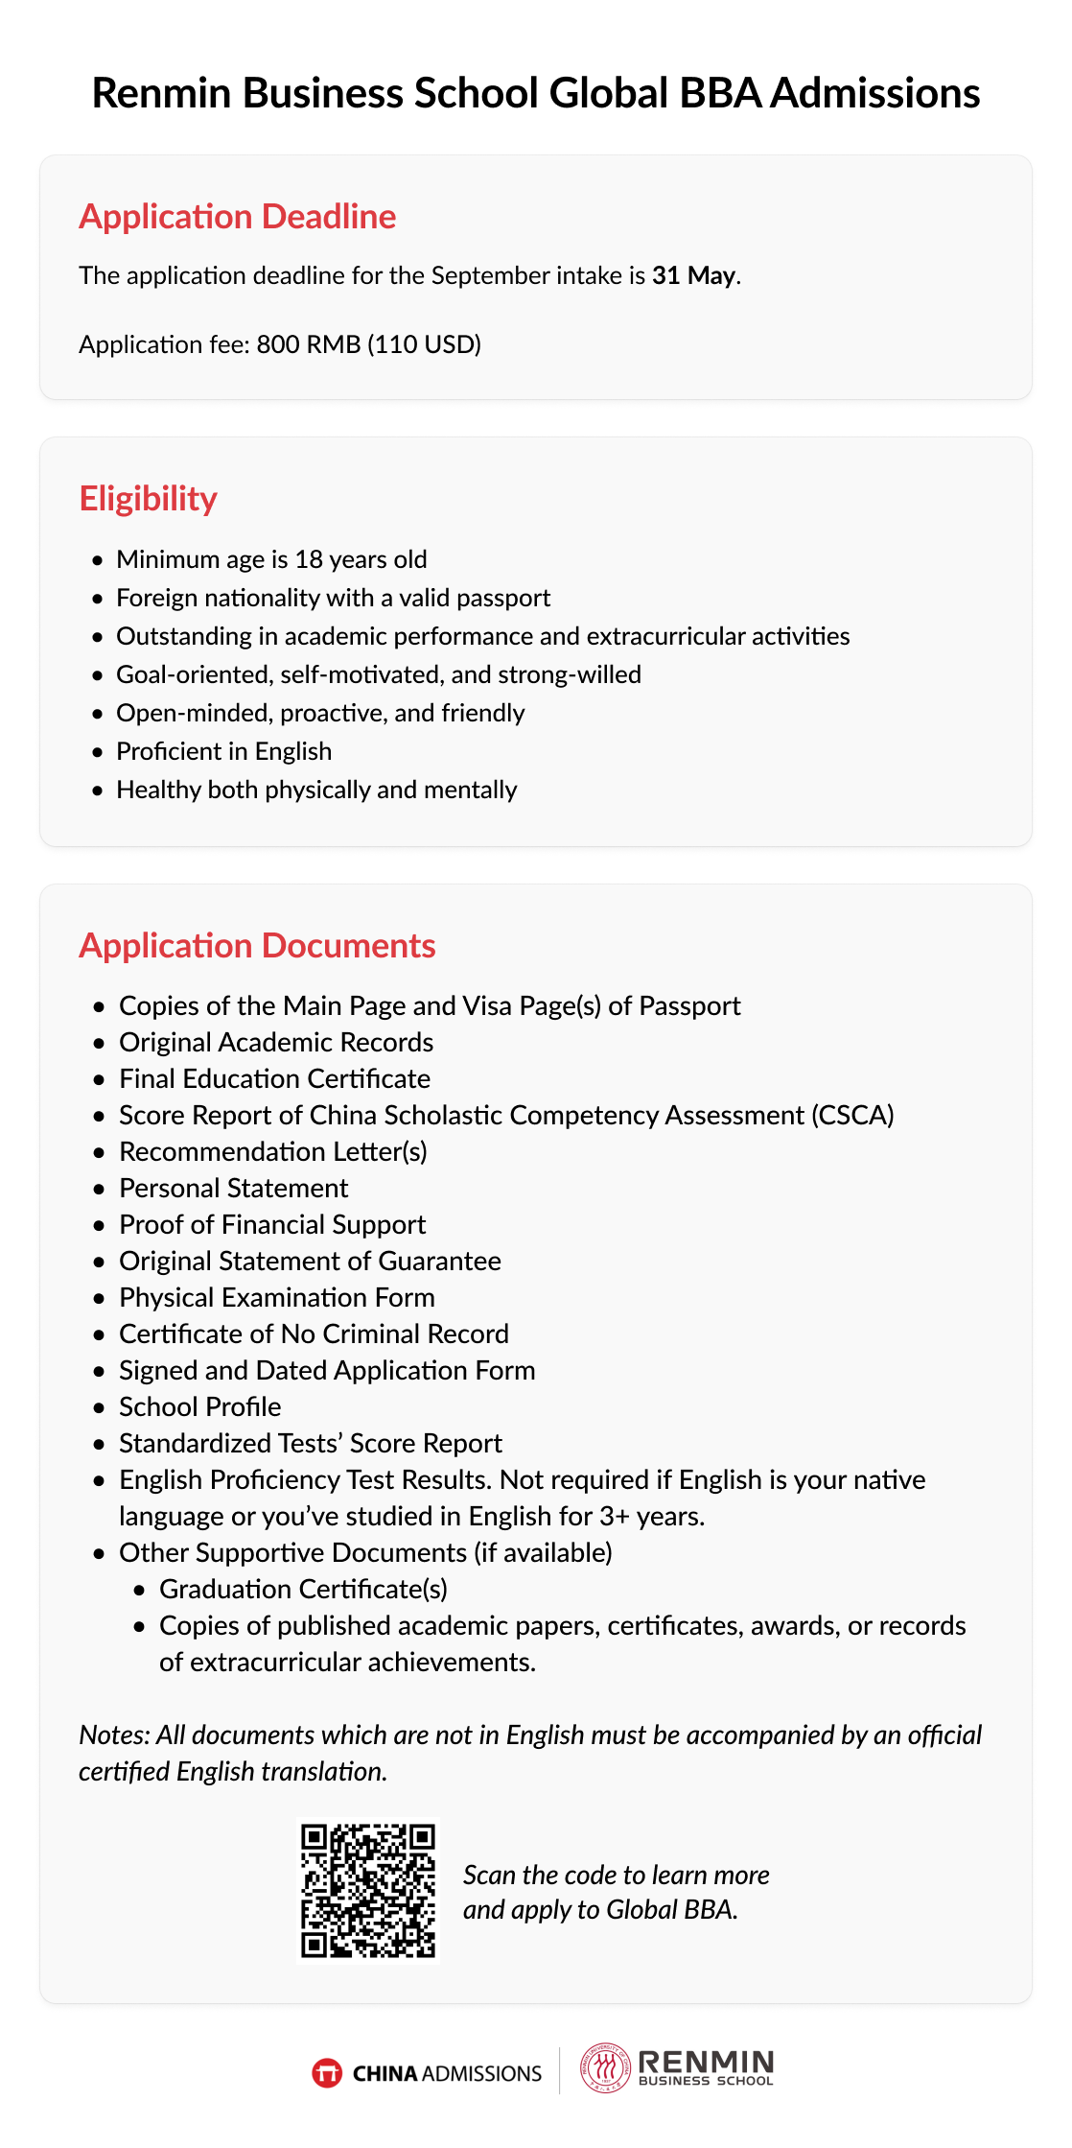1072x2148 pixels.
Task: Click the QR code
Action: point(368,1891)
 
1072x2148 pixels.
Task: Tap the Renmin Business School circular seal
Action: point(604,2067)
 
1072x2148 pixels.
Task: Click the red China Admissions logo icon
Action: point(327,2073)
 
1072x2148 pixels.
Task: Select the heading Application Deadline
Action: point(237,217)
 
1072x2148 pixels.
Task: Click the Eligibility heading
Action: point(148,499)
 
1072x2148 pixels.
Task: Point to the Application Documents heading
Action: point(257,946)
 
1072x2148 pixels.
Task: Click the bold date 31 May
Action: point(693,276)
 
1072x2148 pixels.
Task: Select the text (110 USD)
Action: point(425,344)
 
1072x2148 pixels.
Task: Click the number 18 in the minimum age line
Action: point(308,559)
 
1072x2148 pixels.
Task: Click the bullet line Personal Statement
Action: point(233,1188)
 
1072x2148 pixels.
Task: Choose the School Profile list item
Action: point(199,1406)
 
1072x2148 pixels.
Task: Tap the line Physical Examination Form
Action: point(276,1297)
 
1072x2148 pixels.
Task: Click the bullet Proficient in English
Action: point(223,751)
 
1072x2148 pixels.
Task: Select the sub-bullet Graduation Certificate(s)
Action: point(303,1589)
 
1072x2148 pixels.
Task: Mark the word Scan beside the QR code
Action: point(489,1875)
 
